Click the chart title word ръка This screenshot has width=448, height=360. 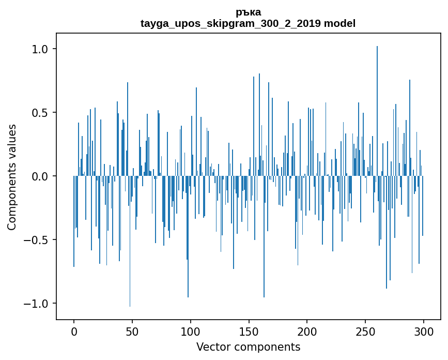click(248, 12)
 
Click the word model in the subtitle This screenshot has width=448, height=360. click(339, 23)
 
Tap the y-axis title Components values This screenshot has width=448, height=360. click(12, 177)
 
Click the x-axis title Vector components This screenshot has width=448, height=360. click(248, 347)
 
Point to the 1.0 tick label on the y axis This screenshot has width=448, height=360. click(40, 49)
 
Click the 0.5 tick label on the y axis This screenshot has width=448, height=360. click(40, 113)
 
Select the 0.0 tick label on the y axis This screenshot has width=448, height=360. click(40, 176)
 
